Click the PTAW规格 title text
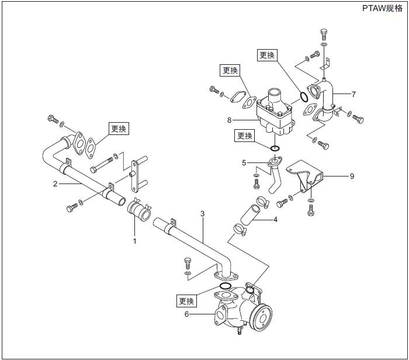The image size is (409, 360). [382, 8]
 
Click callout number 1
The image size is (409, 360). [134, 240]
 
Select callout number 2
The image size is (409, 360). [55, 183]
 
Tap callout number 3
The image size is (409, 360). [202, 214]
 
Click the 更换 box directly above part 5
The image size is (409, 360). [245, 136]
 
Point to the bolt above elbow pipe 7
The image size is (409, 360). [324, 33]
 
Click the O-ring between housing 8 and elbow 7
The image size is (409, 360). [304, 96]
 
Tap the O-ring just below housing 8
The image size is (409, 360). [276, 148]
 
